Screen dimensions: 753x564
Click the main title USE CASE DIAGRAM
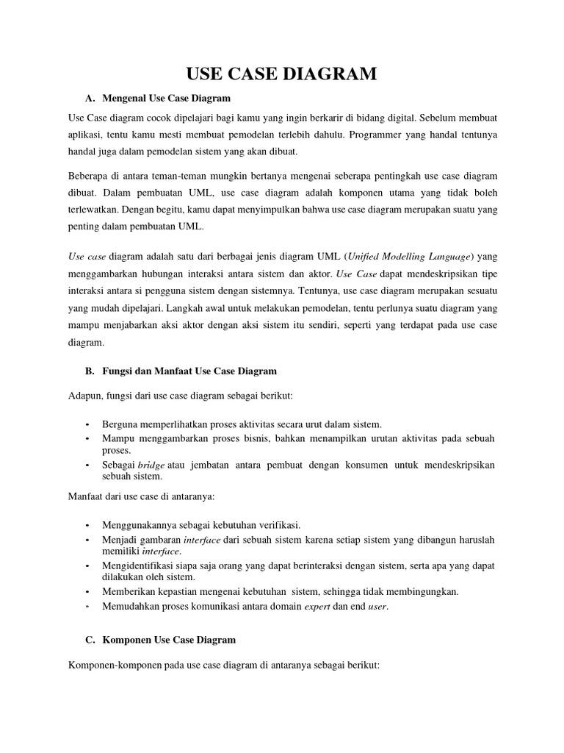coord(282,74)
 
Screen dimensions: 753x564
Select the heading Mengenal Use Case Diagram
coord(167,98)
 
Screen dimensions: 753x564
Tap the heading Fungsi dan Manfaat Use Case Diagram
coord(189,371)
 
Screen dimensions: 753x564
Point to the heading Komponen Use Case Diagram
coord(168,640)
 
